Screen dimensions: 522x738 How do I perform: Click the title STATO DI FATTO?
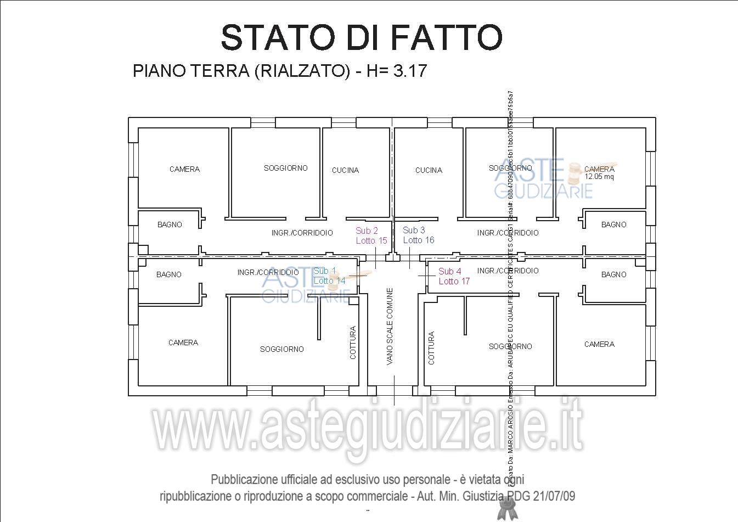[x=362, y=37]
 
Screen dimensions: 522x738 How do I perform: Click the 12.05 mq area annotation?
[x=599, y=177]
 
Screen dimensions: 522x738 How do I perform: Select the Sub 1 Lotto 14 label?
[x=329, y=276]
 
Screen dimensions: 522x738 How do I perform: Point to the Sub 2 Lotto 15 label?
[x=371, y=235]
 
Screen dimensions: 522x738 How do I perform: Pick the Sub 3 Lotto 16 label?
[x=418, y=235]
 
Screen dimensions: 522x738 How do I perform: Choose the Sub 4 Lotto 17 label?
[x=454, y=276]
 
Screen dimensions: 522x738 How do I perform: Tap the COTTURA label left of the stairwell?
[x=353, y=343]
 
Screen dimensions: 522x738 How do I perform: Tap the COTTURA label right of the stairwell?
[x=431, y=347]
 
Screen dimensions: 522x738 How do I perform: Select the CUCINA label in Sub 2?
[x=345, y=170]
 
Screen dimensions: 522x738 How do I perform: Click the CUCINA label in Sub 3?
[x=429, y=170]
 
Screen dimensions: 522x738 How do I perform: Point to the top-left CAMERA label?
[x=184, y=169]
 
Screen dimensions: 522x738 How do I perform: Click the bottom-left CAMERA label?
[x=183, y=343]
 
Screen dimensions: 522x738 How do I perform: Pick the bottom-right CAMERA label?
[x=599, y=344]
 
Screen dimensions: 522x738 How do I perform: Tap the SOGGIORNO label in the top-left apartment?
[x=285, y=168]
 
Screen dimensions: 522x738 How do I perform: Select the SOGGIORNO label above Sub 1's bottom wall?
[x=281, y=349]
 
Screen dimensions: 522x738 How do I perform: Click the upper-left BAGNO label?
[x=170, y=224]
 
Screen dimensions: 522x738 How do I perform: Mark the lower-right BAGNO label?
[x=613, y=274]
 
